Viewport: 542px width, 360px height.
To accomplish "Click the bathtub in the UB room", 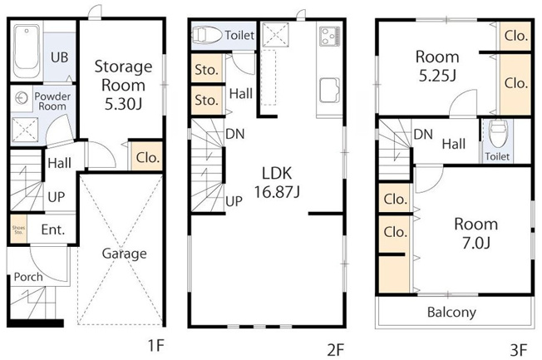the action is pyautogui.click(x=27, y=52).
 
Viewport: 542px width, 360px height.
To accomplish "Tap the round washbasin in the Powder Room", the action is pyautogui.click(x=22, y=98).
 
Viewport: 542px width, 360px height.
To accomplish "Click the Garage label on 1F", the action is pyautogui.click(x=125, y=254).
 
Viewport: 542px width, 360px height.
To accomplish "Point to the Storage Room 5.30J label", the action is pyautogui.click(x=123, y=85).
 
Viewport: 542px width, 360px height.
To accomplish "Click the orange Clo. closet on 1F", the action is pyautogui.click(x=147, y=156).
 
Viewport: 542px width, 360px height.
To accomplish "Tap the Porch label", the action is pyautogui.click(x=28, y=277).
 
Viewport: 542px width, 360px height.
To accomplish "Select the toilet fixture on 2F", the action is pyautogui.click(x=207, y=35).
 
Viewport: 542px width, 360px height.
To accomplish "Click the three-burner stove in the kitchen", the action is pyautogui.click(x=330, y=37).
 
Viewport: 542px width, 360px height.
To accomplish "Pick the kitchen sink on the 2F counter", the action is pyautogui.click(x=329, y=91).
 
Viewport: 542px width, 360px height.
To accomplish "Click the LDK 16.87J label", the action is pyautogui.click(x=277, y=182).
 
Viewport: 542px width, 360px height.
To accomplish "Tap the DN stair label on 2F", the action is pyautogui.click(x=235, y=134).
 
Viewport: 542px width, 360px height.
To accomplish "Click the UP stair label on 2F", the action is pyautogui.click(x=234, y=201).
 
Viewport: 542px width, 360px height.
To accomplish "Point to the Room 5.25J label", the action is pyautogui.click(x=437, y=66).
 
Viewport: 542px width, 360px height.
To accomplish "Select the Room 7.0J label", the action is pyautogui.click(x=476, y=234).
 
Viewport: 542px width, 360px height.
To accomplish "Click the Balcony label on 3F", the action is pyautogui.click(x=451, y=313).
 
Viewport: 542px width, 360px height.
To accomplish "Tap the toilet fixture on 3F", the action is pyautogui.click(x=498, y=131).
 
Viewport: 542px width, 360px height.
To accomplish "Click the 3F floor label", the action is pyautogui.click(x=519, y=350).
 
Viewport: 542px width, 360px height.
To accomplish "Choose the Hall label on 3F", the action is pyautogui.click(x=454, y=144).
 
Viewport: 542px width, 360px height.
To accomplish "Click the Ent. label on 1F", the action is pyautogui.click(x=53, y=229).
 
